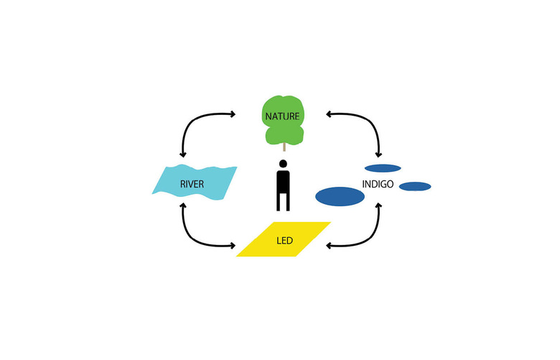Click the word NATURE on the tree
click(283, 115)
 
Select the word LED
click(284, 240)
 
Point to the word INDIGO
click(377, 185)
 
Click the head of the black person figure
click(283, 164)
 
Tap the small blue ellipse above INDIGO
click(383, 168)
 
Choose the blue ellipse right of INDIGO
click(414, 187)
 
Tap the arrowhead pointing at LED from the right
click(330, 246)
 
